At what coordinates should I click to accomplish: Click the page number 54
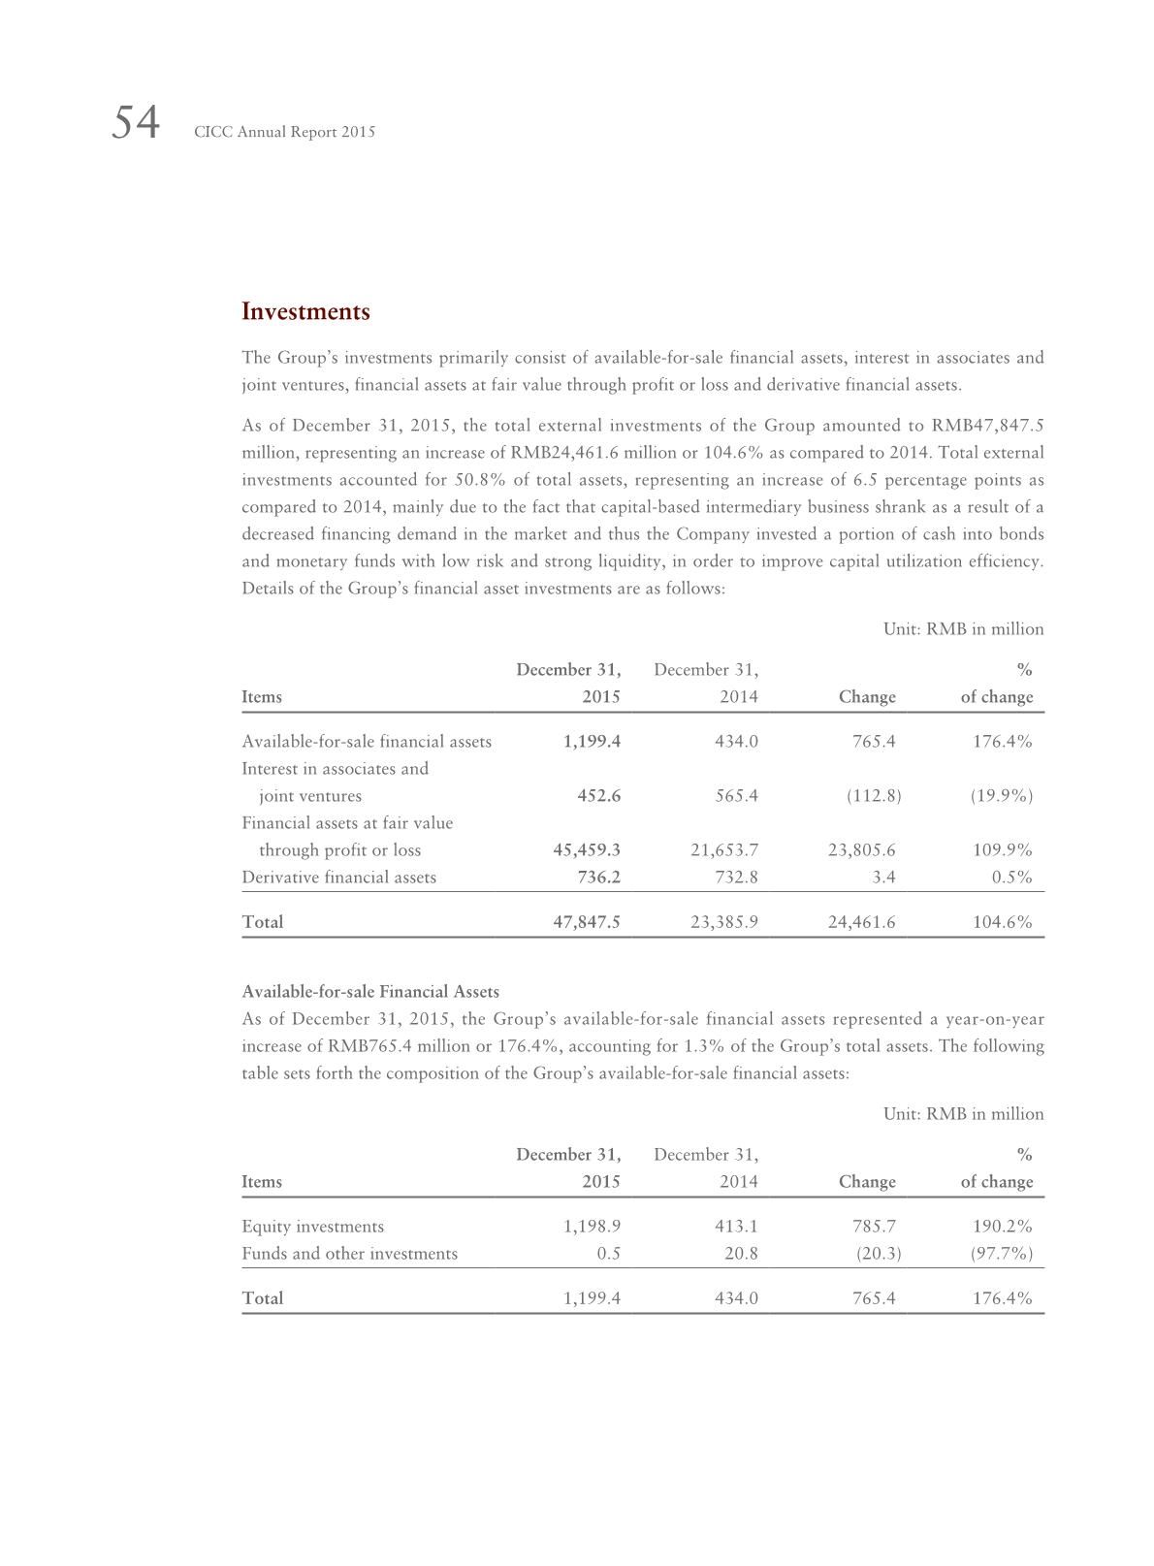pos(136,124)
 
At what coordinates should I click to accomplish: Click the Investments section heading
pos(305,312)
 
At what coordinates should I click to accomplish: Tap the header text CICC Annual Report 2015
pos(284,132)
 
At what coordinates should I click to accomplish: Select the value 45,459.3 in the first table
pos(587,850)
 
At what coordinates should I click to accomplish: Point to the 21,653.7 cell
pos(724,850)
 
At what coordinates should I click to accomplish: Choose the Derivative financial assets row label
pos(338,878)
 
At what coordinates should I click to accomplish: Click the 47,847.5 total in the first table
pos(587,922)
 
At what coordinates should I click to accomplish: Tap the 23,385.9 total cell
pos(724,922)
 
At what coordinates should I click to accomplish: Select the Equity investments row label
pos(312,1227)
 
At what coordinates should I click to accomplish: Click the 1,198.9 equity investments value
pos(592,1227)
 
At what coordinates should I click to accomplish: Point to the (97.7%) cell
pos(1002,1254)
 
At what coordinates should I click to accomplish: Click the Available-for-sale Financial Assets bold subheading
pos(370,992)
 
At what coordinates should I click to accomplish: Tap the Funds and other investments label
pos(349,1254)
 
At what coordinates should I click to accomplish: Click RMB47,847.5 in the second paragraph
pos(987,426)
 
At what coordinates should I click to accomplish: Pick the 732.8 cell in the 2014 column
pos(734,878)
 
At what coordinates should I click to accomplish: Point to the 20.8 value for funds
pos(741,1254)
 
